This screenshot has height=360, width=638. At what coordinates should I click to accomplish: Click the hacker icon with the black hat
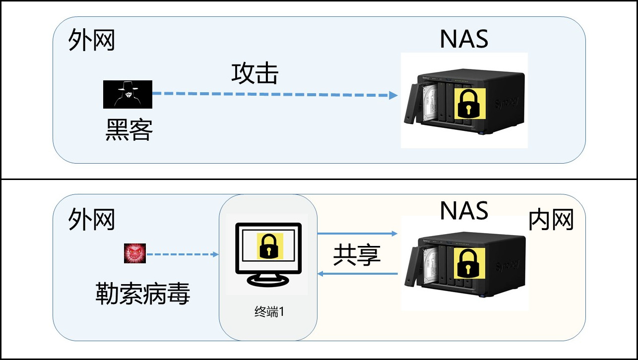pos(127,94)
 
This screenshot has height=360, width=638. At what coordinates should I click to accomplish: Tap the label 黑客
pos(129,130)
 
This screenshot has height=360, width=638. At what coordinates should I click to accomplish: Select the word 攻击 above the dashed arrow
pos(255,74)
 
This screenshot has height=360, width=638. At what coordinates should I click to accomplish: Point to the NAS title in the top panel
pos(464,39)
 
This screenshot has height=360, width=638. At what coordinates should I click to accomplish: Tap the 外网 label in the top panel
pos(91,40)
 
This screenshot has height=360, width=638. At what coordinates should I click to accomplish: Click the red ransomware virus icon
pos(135,253)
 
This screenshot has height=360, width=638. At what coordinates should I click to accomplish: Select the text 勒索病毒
pos(142,295)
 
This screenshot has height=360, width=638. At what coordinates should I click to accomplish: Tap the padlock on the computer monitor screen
pos(270,245)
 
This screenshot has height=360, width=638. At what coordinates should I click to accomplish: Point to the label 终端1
pos(268,312)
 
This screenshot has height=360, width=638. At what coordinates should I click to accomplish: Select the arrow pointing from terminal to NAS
pos(357,233)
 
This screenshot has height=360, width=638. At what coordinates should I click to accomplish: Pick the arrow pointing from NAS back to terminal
pos(357,274)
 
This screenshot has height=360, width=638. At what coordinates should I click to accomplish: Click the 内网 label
pos(551,220)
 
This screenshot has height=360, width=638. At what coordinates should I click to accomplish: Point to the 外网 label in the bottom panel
pos(91,219)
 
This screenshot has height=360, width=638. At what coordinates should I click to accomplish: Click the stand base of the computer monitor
pos(268,281)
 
